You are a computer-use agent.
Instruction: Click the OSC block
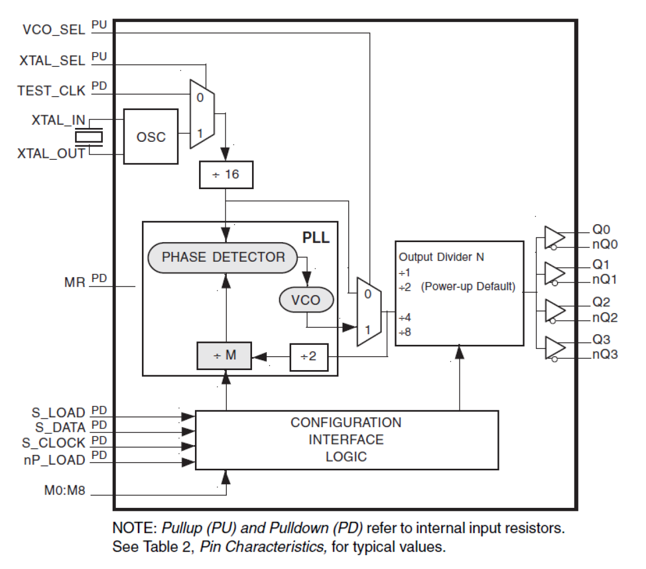click(151, 137)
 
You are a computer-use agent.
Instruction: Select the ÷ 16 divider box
click(226, 175)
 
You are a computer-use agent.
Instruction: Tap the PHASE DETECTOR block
click(223, 258)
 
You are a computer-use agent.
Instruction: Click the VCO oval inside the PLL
click(306, 300)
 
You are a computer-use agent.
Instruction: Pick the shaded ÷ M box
click(224, 356)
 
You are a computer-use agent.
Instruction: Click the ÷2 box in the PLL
click(309, 357)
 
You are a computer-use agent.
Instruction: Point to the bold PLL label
click(315, 237)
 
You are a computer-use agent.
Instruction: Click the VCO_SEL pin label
click(53, 30)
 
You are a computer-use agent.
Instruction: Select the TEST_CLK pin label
click(51, 91)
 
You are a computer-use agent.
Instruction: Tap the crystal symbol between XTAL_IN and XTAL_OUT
click(88, 137)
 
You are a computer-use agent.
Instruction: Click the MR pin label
click(75, 283)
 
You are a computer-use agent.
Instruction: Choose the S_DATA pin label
click(60, 428)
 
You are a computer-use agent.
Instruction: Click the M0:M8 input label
click(64, 490)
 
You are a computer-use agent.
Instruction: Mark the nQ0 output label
click(605, 245)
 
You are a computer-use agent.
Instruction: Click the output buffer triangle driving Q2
click(554, 310)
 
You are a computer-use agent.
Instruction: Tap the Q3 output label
click(601, 339)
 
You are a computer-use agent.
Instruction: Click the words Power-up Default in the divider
click(468, 287)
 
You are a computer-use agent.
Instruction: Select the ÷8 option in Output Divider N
click(405, 333)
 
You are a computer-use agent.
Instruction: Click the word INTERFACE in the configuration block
click(346, 440)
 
